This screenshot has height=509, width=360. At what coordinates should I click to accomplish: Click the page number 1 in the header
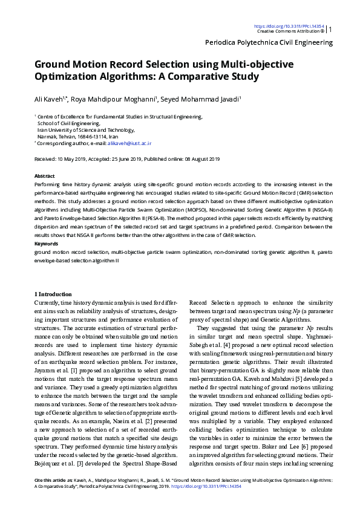tap(330, 28)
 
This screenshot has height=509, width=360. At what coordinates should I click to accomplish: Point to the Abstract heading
tap(45, 176)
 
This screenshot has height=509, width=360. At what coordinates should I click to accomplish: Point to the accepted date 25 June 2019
tap(125, 159)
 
